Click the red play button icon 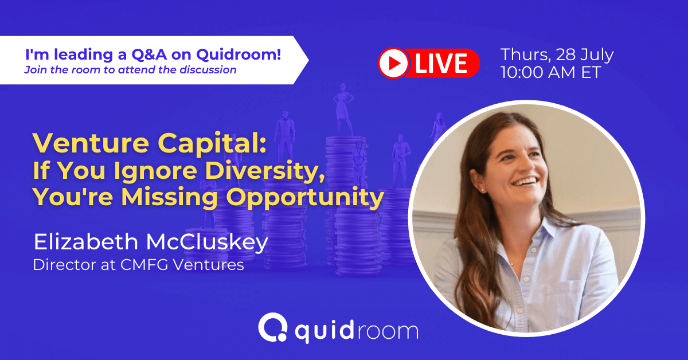pyautogui.click(x=393, y=62)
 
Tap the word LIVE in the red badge pyautogui.click(x=443, y=63)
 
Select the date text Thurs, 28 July pyautogui.click(x=557, y=55)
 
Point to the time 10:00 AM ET pyautogui.click(x=550, y=73)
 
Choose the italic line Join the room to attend pyautogui.click(x=130, y=70)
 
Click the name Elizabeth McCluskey pyautogui.click(x=151, y=242)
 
